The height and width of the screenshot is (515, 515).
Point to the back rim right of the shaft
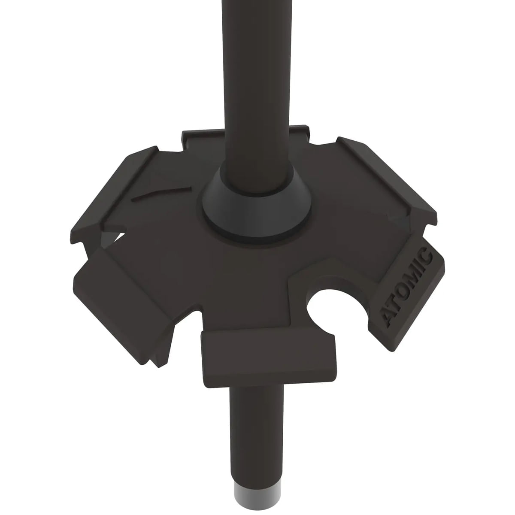[x=298, y=130]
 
